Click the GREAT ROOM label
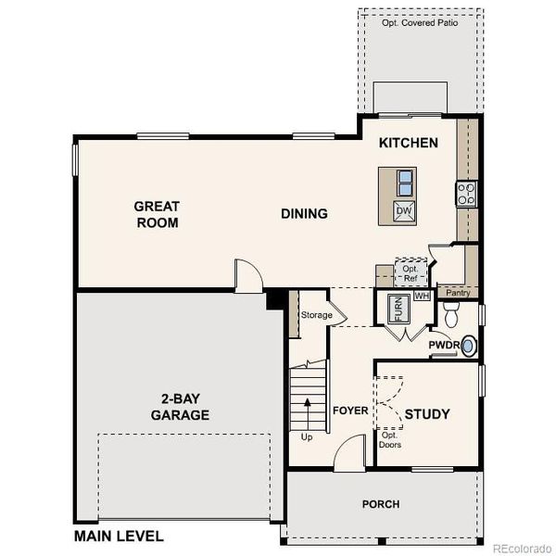point(156,214)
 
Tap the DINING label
point(305,214)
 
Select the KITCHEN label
point(408,144)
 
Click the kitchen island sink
point(404,181)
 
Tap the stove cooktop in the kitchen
point(465,194)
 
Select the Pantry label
point(458,293)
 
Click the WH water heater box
point(422,296)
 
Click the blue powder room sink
point(469,347)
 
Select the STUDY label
point(427,413)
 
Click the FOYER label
point(350,411)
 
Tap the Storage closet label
point(316,315)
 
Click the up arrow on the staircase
point(305,408)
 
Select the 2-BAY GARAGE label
point(180,407)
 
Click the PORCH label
point(380,504)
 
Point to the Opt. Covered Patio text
point(420,21)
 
